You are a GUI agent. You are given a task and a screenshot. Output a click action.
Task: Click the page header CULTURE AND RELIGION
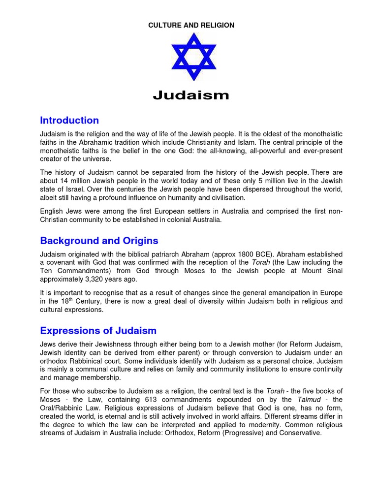(191, 25)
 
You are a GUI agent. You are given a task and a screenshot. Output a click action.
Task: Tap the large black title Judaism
(191, 95)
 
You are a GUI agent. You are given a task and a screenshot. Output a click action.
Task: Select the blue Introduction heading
(69, 121)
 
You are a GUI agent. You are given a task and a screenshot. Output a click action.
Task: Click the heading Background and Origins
(99, 241)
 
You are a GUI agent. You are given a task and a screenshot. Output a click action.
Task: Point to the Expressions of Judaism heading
(98, 330)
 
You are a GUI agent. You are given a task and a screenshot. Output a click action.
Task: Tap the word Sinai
(333, 271)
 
